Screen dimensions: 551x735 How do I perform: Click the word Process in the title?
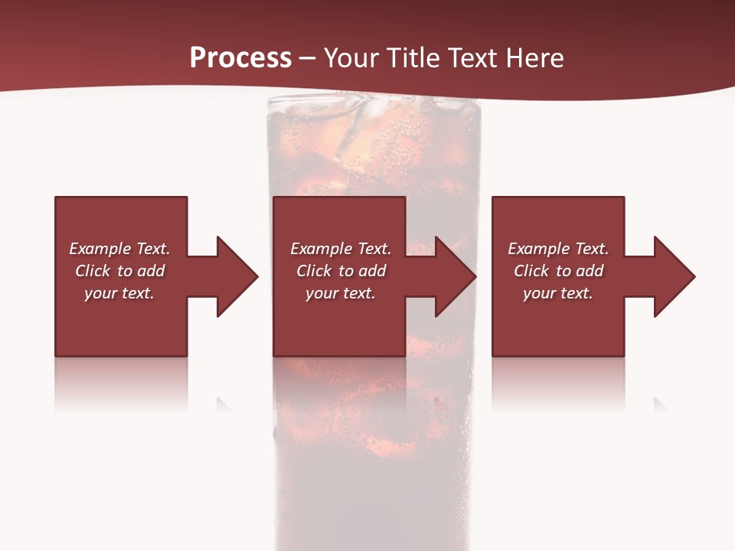pos(240,58)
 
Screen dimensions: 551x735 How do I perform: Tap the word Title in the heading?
pos(413,58)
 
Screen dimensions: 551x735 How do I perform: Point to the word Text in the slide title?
pos(473,58)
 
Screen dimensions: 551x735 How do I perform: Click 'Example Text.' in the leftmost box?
pos(119,249)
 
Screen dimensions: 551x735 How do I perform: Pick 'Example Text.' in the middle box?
pos(341,249)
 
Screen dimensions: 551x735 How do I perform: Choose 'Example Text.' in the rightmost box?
pos(558,249)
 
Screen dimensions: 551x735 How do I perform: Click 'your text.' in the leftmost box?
pos(119,293)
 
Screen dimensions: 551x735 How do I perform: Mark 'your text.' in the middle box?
pos(341,293)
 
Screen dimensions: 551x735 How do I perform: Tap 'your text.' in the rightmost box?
pos(558,293)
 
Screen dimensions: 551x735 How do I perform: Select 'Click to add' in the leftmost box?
pos(120,271)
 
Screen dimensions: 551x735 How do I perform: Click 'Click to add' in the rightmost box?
pos(559,271)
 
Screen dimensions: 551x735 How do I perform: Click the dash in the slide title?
pos(307,59)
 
